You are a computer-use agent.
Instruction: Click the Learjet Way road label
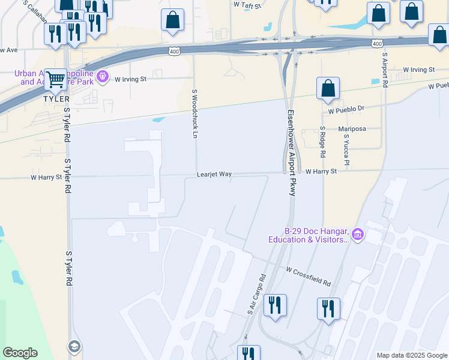[x=214, y=174]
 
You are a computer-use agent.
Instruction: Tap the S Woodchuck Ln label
[x=194, y=114]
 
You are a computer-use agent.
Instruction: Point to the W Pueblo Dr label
[x=346, y=110]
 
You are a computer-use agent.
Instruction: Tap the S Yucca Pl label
[x=346, y=150]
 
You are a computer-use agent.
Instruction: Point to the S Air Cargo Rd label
[x=256, y=296]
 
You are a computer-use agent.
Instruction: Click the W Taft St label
[x=248, y=5]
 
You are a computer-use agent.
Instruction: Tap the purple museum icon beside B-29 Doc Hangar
[x=358, y=234]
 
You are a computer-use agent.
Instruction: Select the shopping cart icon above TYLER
[x=55, y=79]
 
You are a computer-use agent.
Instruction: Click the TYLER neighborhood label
[x=56, y=98]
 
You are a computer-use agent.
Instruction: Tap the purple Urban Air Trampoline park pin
[x=103, y=76]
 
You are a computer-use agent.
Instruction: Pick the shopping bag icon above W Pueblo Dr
[x=328, y=89]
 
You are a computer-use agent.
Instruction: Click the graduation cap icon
[x=74, y=346]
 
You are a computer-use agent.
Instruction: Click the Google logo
[x=20, y=353]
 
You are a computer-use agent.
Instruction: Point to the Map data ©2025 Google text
[x=412, y=355]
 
